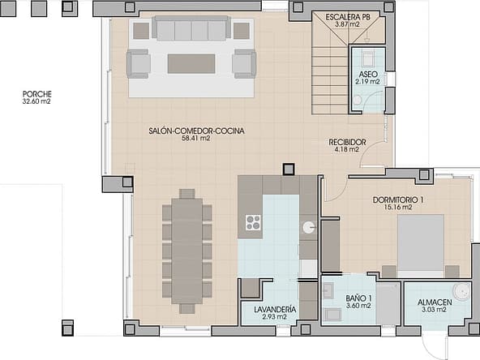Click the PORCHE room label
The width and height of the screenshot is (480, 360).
(x=37, y=94)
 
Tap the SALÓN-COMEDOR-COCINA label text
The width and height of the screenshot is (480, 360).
(x=196, y=131)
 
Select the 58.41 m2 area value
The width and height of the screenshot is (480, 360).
(x=196, y=139)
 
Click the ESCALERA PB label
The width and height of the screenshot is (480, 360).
(x=348, y=17)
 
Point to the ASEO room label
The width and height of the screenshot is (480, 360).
(x=368, y=75)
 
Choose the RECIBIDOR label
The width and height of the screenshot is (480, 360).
(x=348, y=143)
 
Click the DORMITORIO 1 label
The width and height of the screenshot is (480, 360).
(x=398, y=200)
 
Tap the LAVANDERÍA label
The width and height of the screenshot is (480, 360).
(x=275, y=310)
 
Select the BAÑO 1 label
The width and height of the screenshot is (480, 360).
(x=358, y=298)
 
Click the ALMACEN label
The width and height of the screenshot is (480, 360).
(x=435, y=302)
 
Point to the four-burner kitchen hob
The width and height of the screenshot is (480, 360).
(x=254, y=222)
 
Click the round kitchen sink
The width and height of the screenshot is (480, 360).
(x=308, y=227)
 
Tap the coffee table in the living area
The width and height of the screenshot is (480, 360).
(x=191, y=64)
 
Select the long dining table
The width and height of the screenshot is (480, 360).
(x=186, y=251)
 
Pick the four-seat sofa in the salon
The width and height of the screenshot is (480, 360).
(x=191, y=28)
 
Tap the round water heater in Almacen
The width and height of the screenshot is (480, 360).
(x=461, y=291)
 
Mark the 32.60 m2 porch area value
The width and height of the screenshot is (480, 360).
(x=36, y=101)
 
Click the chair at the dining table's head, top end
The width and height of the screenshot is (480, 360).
(x=187, y=194)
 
